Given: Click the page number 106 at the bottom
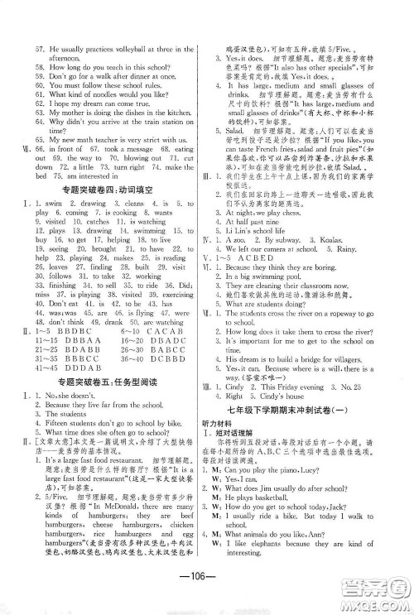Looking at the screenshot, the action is [x=206, y=577].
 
